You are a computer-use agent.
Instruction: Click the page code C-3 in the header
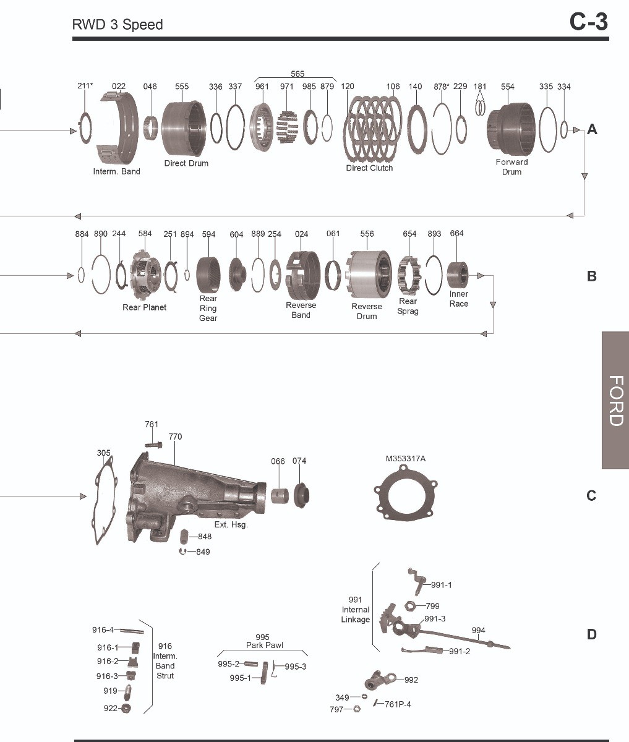pos(588,22)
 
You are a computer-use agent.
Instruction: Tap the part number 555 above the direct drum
pos(182,87)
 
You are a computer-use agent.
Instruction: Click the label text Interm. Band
pos(117,172)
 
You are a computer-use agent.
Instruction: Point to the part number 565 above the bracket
pos(297,74)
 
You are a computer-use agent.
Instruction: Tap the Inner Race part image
pos(458,275)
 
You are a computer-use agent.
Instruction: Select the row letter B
pos(591,276)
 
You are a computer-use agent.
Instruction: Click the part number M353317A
pos(405,458)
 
